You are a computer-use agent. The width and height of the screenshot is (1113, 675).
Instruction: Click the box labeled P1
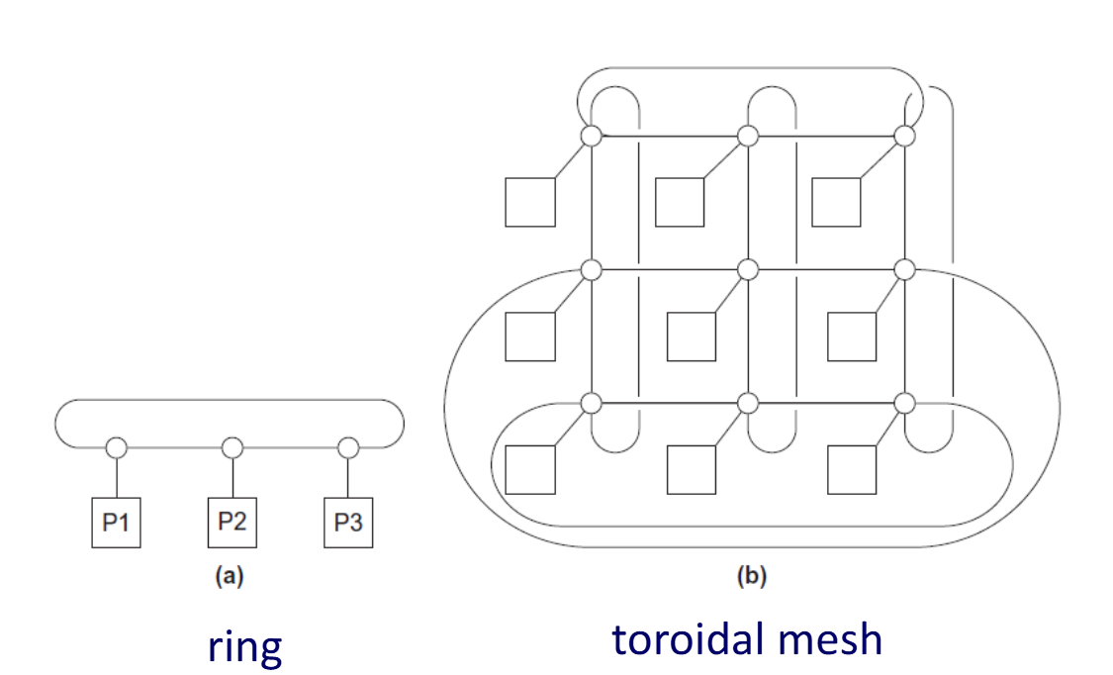(x=117, y=524)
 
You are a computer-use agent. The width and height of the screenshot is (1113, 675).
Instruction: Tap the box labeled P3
(x=348, y=524)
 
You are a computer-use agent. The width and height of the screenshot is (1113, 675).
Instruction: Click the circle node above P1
(x=117, y=448)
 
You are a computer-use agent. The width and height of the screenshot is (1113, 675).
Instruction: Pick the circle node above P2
(x=232, y=448)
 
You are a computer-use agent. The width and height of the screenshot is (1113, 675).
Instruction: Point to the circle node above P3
(x=348, y=448)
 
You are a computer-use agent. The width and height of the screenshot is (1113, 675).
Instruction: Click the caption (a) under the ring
(x=230, y=577)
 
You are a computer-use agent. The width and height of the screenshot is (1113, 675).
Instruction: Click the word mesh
(x=833, y=639)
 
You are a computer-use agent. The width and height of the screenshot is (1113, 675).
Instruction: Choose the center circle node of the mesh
(x=748, y=269)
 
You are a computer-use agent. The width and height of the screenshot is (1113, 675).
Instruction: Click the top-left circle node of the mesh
(x=591, y=136)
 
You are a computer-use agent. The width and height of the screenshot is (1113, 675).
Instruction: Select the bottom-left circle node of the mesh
(x=591, y=403)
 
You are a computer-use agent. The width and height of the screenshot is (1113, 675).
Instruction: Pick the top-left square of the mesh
(x=530, y=202)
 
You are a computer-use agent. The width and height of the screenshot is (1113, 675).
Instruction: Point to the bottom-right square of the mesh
(x=852, y=469)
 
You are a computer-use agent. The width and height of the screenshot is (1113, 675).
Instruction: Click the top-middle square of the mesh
(x=679, y=202)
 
